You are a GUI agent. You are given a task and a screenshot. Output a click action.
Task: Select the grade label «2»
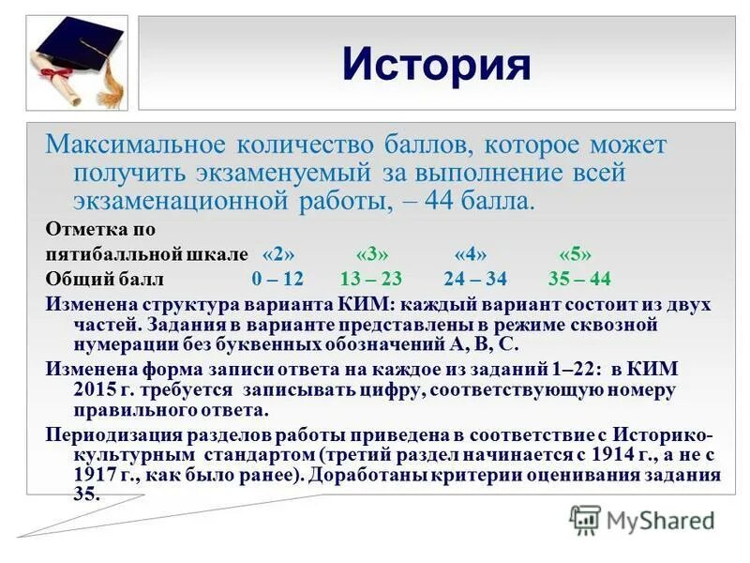click(279, 254)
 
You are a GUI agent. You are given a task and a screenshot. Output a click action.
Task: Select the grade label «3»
click(371, 254)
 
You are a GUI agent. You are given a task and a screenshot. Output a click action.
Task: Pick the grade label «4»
click(470, 254)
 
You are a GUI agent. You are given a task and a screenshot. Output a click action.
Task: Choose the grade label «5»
click(575, 254)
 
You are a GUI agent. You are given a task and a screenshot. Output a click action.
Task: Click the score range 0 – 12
click(277, 280)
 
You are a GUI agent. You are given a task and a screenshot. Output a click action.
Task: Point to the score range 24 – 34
click(476, 280)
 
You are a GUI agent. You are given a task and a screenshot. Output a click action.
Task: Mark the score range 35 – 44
click(578, 280)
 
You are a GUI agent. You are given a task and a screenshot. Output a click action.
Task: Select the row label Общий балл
click(104, 280)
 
